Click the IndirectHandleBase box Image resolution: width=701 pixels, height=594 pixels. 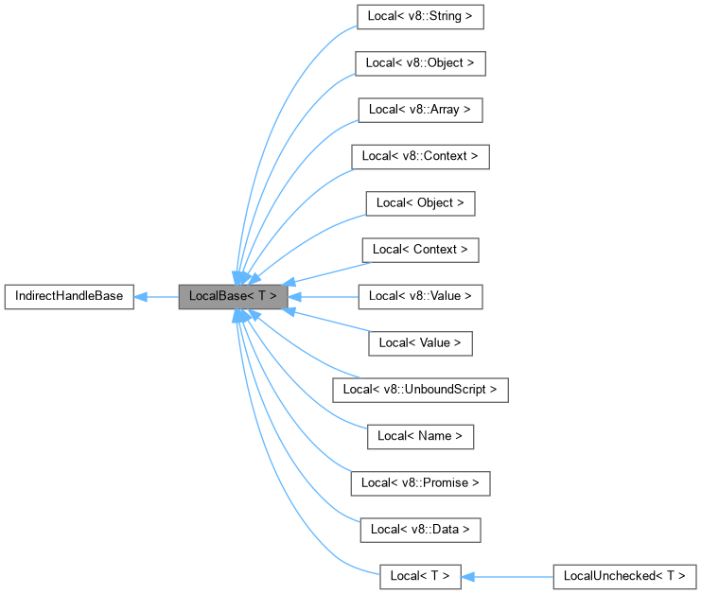pos(68,296)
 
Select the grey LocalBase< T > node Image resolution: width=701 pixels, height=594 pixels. pos(233,296)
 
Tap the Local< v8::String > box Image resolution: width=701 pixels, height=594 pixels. pos(420,17)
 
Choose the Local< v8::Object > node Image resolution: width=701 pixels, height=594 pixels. pos(420,63)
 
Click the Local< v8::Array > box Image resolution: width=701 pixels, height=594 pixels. pos(420,110)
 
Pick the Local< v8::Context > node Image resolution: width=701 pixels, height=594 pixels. pos(420,156)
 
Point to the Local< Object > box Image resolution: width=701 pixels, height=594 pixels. pos(420,202)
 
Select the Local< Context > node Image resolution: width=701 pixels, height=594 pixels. pos(420,250)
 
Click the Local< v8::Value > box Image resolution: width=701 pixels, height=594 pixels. pos(420,296)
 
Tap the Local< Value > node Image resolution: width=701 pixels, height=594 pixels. pos(420,342)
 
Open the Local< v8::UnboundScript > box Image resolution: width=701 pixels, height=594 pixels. pos(420,389)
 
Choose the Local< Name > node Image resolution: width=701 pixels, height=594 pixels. pos(420,435)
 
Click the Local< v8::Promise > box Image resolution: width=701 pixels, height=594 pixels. pos(420,482)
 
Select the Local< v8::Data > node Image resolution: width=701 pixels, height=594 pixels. pos(420,529)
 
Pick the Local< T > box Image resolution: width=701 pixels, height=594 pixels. pos(420,575)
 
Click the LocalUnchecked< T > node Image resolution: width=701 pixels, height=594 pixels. pos(624,575)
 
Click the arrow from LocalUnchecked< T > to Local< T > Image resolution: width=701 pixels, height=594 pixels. pos(511,575)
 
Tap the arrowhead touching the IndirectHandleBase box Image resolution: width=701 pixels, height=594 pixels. pos(140,296)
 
